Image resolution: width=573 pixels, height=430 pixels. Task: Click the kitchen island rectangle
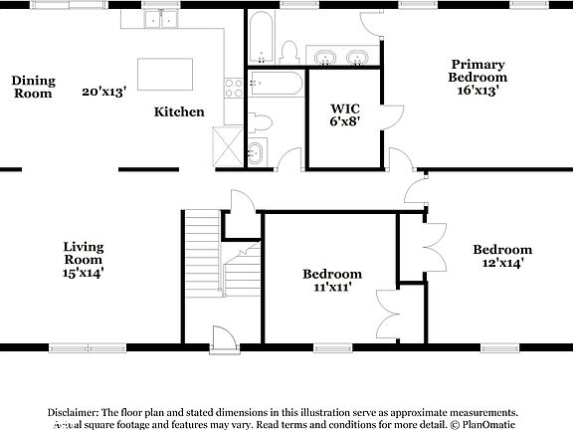(x=164, y=73)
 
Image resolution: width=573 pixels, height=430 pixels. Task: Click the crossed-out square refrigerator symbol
(x=230, y=147)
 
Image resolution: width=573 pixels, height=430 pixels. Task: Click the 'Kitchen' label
(x=179, y=112)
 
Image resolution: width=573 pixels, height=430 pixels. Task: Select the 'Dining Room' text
(x=33, y=87)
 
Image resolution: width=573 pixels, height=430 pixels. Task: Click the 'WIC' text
(x=344, y=107)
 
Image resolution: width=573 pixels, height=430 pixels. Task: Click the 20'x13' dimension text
(x=104, y=92)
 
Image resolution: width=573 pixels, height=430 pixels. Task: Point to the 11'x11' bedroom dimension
(x=331, y=287)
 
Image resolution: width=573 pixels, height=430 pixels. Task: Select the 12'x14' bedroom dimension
(x=501, y=263)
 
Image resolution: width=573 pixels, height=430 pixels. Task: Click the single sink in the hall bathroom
(x=257, y=154)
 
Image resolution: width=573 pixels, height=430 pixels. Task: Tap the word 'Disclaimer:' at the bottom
(x=73, y=411)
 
